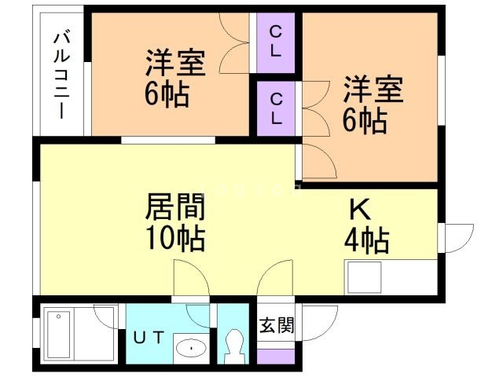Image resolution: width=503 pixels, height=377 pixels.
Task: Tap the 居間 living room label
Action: tap(175, 207)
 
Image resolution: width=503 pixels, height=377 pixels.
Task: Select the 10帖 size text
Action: tap(175, 237)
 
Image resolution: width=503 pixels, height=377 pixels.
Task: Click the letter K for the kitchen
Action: tap(359, 210)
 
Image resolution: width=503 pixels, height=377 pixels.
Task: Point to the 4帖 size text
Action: tap(366, 240)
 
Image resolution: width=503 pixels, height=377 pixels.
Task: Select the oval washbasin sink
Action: tap(190, 348)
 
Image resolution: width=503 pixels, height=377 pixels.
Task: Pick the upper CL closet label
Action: tap(277, 42)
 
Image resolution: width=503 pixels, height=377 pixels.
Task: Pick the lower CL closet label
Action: tap(277, 109)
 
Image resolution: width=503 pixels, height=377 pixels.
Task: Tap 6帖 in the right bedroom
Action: tap(363, 121)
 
